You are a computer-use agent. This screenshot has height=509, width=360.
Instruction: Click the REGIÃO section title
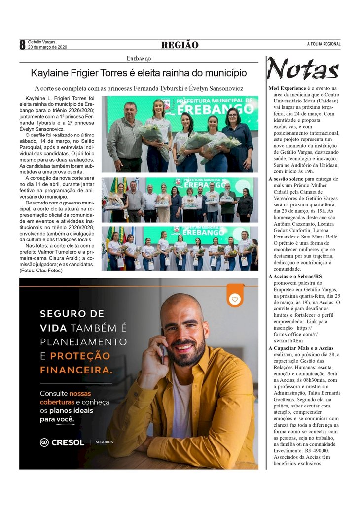(x=180, y=45)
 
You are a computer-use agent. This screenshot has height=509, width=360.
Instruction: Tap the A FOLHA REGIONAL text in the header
(x=324, y=44)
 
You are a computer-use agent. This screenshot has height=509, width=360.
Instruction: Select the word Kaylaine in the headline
(x=48, y=73)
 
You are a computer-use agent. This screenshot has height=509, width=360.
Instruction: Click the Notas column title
(x=303, y=68)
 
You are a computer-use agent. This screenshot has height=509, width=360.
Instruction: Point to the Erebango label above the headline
(x=139, y=58)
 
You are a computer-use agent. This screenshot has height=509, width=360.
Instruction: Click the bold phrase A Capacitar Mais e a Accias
(x=301, y=348)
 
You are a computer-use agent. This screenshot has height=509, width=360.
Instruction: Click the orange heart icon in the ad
(x=235, y=299)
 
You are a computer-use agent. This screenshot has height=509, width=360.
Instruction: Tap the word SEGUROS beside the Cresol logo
(x=104, y=442)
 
